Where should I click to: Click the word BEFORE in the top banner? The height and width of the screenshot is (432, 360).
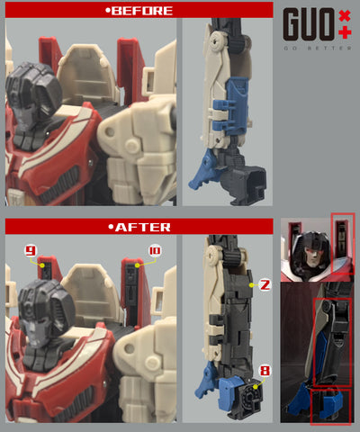pyautogui.click(x=139, y=11)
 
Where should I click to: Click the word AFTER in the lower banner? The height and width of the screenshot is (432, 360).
pyautogui.click(x=139, y=227)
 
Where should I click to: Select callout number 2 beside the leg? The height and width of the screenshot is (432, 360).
pyautogui.click(x=265, y=285)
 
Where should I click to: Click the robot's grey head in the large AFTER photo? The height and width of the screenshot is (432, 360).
pyautogui.click(x=41, y=311)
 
